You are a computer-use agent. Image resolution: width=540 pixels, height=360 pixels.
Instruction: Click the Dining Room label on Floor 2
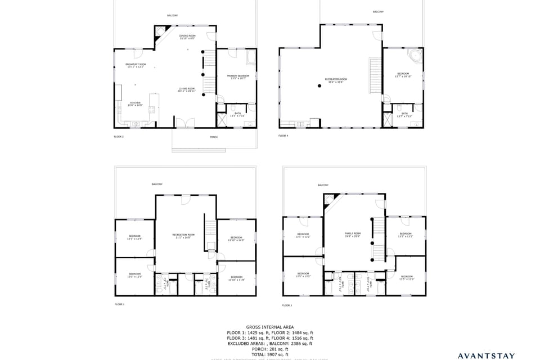[x=187, y=37]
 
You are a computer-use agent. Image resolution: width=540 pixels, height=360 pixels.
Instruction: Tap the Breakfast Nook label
[x=136, y=65]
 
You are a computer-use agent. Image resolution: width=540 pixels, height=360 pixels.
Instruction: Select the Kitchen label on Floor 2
[x=135, y=103]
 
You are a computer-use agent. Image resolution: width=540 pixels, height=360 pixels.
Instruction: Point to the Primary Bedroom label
[x=238, y=76]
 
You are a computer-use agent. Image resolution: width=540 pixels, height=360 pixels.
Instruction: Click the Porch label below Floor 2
[x=213, y=137]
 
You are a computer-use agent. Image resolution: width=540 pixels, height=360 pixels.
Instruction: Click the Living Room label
[x=187, y=89]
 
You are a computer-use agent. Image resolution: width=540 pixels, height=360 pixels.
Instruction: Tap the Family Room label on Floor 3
[x=353, y=234]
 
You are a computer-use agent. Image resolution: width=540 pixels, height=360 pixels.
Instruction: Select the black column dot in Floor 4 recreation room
[x=319, y=85]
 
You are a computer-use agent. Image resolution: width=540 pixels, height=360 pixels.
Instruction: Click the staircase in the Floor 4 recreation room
[x=375, y=76]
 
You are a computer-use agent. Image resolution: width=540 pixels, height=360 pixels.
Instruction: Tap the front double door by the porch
[x=185, y=123]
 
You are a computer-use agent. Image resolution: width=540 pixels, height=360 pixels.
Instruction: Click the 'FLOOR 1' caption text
[x=119, y=304]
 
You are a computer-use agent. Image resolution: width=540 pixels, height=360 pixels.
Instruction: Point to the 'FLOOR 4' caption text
[x=283, y=136]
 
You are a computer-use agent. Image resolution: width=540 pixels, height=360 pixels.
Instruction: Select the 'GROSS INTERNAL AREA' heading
[x=269, y=327]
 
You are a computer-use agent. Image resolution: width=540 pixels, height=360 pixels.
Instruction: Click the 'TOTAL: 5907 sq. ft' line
[x=269, y=354]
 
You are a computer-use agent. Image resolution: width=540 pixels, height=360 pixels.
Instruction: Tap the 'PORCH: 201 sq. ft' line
[x=269, y=349]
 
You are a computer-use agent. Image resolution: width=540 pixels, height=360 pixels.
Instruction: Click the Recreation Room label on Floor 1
[x=183, y=235]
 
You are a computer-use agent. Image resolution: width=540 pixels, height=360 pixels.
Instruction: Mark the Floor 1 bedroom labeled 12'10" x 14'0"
[x=236, y=238]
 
